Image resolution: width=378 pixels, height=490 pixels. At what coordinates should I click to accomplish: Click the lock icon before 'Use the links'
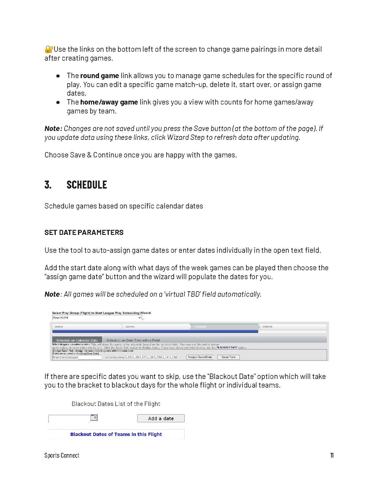(x=49, y=49)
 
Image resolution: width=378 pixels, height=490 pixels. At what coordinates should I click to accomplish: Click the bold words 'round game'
(x=99, y=76)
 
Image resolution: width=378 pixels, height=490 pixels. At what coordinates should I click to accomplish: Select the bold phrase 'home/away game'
(x=109, y=102)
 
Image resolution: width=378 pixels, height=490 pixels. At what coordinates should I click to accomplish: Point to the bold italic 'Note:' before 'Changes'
(x=53, y=129)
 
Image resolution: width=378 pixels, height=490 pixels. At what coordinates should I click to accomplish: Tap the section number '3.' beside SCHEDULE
(x=48, y=185)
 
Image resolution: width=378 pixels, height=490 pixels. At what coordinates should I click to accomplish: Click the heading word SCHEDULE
(x=87, y=185)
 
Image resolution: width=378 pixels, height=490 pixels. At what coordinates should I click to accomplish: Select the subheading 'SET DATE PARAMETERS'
(x=84, y=233)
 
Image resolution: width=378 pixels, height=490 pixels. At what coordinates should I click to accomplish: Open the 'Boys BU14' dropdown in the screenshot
(x=97, y=318)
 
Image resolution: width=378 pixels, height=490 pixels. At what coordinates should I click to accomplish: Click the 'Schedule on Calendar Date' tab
(x=77, y=340)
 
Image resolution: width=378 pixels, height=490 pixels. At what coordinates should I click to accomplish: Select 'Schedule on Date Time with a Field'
(x=133, y=340)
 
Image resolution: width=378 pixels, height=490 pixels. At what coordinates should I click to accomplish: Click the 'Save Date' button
(x=228, y=357)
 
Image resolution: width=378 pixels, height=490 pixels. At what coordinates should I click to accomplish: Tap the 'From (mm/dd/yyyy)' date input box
(x=90, y=357)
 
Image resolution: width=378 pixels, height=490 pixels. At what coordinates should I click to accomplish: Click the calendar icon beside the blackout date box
(x=94, y=418)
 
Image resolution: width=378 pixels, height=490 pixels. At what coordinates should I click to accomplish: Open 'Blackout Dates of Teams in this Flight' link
(x=116, y=434)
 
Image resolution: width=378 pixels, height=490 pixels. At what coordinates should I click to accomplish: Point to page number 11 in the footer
(x=332, y=456)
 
